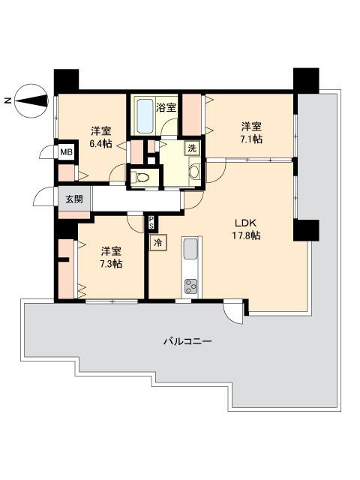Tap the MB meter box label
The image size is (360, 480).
pos(66,151)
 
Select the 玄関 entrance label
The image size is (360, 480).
pos(74,199)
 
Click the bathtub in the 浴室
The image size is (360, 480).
pos(145,115)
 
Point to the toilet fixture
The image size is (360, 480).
pos(141,177)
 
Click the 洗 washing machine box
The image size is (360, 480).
pos(192,148)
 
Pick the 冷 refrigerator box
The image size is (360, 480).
pos(158,243)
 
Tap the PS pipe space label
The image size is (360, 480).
pos(151,223)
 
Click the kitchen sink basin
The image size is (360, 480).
pos(190,248)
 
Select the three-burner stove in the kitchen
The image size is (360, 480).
pos(191,286)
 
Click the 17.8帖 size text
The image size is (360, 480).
pos(246,235)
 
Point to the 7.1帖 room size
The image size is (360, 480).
pos(251,139)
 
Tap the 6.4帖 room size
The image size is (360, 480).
pos(100,143)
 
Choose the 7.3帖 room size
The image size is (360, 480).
pos(111,263)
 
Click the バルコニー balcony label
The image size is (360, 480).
pos(187,341)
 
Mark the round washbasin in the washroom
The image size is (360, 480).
pos(194,172)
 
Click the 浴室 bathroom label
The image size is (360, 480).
pos(166,108)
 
